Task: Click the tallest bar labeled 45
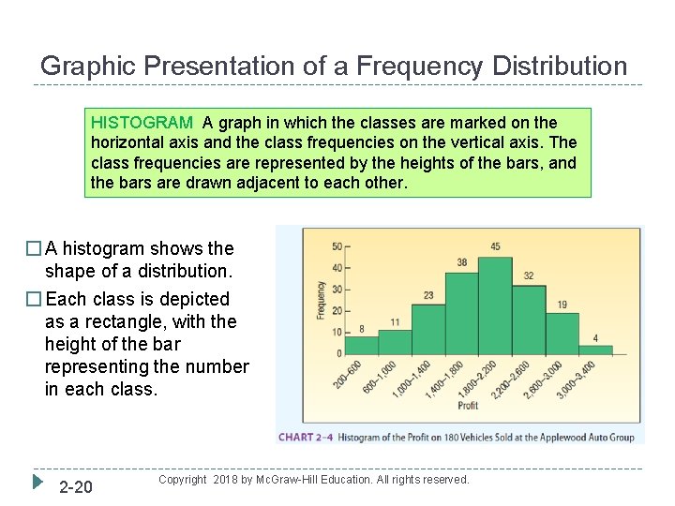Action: pos(495,305)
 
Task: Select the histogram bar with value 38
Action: pos(461,313)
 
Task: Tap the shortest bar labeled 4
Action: pos(595,350)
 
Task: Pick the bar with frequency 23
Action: pos(427,329)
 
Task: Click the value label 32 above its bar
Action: pos(529,275)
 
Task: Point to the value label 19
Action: pos(562,304)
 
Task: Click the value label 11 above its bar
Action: pos(395,322)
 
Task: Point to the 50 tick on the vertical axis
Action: pos(337,247)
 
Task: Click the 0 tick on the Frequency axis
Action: pos(339,354)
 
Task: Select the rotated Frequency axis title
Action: pos(320,300)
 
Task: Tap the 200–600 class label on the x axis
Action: pos(349,379)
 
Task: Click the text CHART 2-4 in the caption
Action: pos(306,437)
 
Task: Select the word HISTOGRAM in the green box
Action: pos(142,123)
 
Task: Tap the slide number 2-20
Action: pos(75,487)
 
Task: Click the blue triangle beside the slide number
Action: pos(37,484)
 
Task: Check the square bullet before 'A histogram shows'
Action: pos(34,249)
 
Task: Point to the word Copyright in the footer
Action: pos(183,480)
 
